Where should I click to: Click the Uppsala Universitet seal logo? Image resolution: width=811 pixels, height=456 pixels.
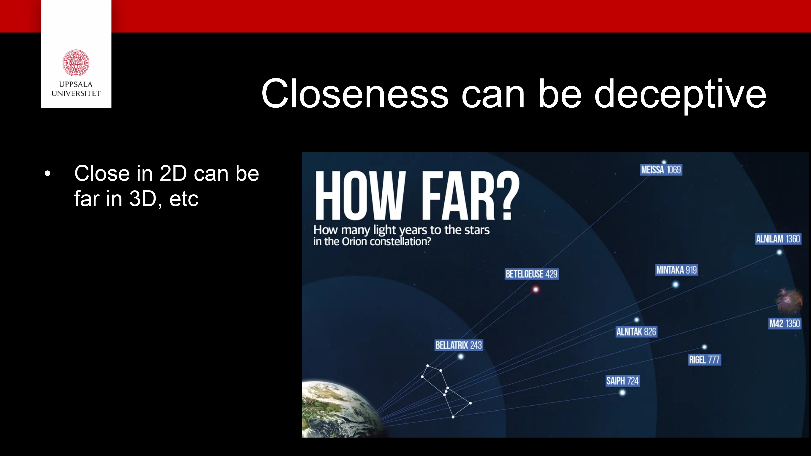click(76, 63)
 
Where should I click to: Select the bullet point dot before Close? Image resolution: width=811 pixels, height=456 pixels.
click(47, 173)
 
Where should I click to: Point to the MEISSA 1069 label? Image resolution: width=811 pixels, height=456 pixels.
click(661, 170)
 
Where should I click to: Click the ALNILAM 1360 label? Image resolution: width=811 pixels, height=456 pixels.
click(778, 239)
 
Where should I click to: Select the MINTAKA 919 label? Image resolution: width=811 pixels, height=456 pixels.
click(677, 270)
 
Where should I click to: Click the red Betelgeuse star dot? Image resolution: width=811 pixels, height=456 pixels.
click(536, 289)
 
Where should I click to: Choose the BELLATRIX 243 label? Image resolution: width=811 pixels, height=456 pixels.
click(459, 345)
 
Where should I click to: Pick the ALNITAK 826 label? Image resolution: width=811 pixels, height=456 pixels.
click(636, 332)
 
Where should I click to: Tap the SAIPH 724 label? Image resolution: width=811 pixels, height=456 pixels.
click(622, 381)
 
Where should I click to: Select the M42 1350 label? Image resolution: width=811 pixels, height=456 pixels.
click(785, 323)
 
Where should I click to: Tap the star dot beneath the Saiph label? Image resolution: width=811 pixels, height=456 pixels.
click(622, 392)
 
